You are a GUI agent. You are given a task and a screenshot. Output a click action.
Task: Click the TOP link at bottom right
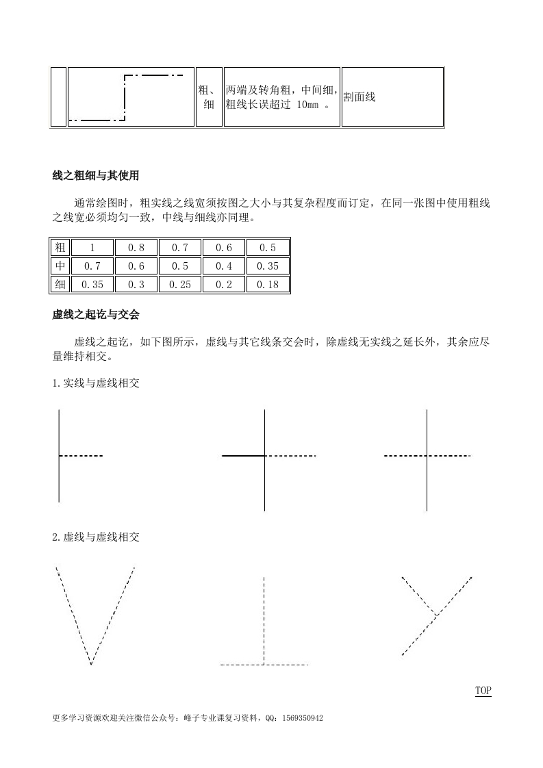[x=483, y=691]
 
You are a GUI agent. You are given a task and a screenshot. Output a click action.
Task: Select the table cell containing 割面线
[x=392, y=97]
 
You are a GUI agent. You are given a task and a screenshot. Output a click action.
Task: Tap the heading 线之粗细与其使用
[x=95, y=176]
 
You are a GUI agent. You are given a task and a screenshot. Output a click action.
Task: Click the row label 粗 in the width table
[x=60, y=247]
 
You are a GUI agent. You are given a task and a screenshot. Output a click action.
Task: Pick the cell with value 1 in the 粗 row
[x=91, y=247]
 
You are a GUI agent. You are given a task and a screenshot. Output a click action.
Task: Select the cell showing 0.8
[x=136, y=247]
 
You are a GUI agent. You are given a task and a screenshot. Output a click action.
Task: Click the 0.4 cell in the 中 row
[x=224, y=266]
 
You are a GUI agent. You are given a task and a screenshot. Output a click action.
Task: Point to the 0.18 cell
[x=268, y=284]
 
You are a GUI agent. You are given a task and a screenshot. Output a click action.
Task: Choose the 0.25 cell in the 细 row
[x=179, y=284]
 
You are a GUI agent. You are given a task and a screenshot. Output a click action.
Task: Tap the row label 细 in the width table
[x=60, y=284]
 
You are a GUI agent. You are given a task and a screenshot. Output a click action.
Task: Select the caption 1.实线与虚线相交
[x=96, y=383]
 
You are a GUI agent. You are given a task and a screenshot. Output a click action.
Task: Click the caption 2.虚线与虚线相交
[x=96, y=537]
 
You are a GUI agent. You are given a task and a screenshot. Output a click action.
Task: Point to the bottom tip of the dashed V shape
[x=91, y=663]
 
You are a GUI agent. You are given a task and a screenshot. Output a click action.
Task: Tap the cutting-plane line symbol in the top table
[x=130, y=97]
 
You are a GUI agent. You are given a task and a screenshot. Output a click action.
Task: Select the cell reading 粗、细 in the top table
[x=209, y=97]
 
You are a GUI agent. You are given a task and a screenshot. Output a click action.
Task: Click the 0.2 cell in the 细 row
[x=224, y=284]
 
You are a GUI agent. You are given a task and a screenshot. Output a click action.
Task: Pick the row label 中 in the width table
[x=60, y=266]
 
